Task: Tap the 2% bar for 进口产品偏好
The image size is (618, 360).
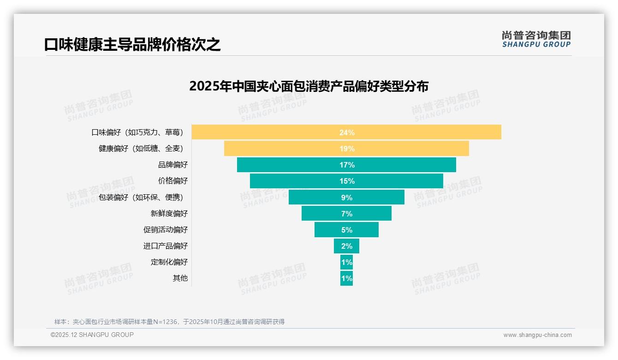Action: (346, 246)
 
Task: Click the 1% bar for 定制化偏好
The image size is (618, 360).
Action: (346, 262)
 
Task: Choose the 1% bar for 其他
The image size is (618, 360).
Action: (346, 278)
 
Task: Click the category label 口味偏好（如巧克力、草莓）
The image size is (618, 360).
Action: (137, 132)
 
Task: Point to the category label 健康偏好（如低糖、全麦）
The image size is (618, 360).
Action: (141, 149)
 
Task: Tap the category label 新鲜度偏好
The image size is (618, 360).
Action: (169, 214)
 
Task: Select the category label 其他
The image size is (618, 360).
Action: (180, 278)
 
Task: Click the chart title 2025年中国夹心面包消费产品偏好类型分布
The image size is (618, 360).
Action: (309, 86)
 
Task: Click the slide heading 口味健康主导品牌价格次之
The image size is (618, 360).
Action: (132, 44)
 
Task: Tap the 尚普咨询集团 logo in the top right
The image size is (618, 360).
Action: (536, 39)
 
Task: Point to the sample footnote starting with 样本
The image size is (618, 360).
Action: (169, 322)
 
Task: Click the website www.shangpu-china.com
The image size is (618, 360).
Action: (537, 335)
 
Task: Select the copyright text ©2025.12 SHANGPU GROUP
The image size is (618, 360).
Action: (92, 335)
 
